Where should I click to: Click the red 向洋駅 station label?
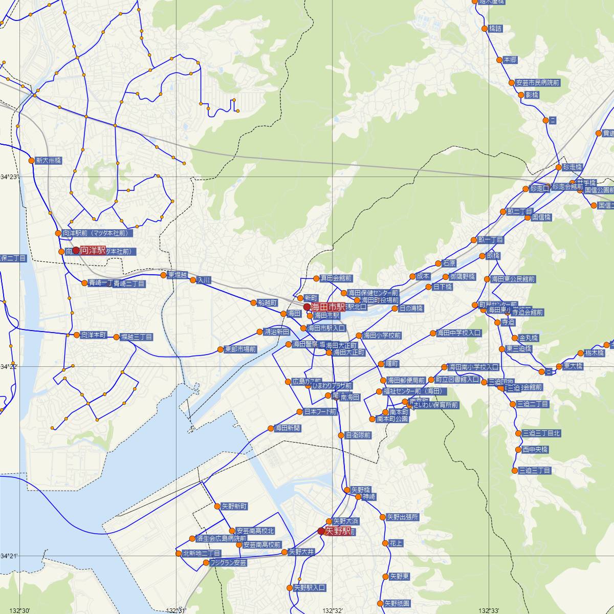tap(93, 250)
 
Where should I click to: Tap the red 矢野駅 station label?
tap(338, 531)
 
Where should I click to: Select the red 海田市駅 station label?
tap(327, 306)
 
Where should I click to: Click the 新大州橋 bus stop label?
tap(49, 160)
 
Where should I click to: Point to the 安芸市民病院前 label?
tap(538, 82)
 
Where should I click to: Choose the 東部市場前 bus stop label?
tap(240, 349)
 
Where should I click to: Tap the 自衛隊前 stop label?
tap(358, 435)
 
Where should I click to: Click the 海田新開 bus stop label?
tap(288, 428)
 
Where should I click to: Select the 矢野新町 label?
tap(234, 506)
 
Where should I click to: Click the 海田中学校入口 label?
tap(459, 333)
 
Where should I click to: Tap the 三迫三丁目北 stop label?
tap(541, 433)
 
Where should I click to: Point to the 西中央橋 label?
tap(535, 449)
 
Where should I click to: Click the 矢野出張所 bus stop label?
tap(402, 517)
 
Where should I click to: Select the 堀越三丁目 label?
tap(137, 337)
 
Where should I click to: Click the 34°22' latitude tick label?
tap(9, 367)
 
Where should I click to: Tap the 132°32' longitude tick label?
tap(333, 610)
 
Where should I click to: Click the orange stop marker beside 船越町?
tap(253, 302)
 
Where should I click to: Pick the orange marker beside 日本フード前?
tap(300, 411)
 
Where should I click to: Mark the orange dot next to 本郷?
tap(499, 60)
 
